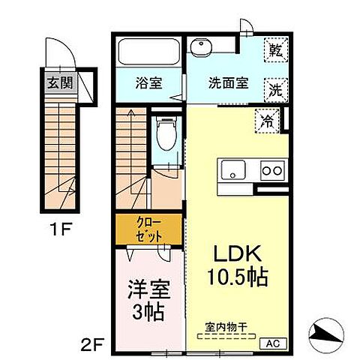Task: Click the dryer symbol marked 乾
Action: [x=275, y=52]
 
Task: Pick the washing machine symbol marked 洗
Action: [x=275, y=90]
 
